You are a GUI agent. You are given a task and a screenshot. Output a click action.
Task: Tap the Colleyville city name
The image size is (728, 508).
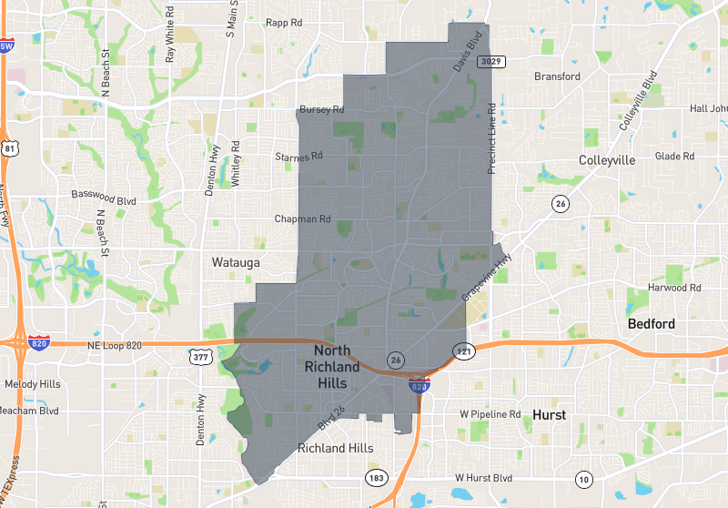point(607,159)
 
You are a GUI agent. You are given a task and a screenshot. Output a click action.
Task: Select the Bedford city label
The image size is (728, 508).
point(651,324)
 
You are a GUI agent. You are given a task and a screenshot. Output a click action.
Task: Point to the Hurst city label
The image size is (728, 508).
point(550,415)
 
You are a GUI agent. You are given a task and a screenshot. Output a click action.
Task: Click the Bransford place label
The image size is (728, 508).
point(557,76)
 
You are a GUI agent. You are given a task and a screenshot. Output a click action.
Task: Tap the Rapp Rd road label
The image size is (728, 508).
point(283,23)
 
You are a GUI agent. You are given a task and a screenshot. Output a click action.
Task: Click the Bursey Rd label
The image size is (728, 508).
point(322,110)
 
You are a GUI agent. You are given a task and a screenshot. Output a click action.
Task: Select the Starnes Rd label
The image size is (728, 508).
point(299,157)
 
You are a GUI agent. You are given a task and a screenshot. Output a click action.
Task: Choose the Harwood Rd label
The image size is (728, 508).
point(674,288)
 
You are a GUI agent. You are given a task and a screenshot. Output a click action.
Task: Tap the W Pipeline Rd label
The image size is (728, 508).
point(490,414)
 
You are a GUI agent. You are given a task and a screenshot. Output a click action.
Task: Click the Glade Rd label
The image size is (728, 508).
point(674,157)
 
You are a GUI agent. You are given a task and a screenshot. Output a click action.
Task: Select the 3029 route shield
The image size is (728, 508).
point(491,61)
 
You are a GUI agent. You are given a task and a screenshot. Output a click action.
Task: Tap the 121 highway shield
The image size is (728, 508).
point(462,350)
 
